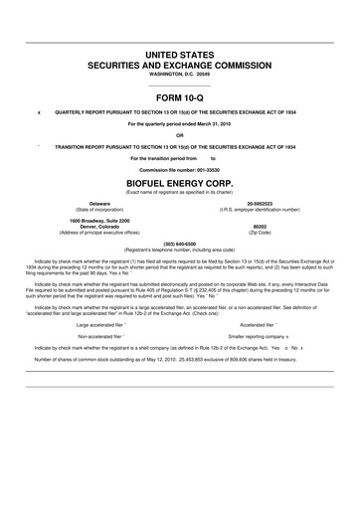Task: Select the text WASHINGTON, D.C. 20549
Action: click(x=179, y=74)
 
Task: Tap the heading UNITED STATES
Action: click(x=179, y=49)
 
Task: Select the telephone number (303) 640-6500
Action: click(x=179, y=243)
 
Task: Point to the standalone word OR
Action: click(x=179, y=135)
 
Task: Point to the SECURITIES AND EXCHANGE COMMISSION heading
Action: click(x=179, y=62)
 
